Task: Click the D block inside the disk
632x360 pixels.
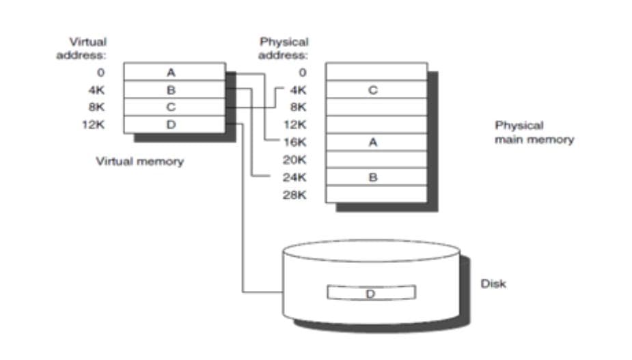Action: point(371,293)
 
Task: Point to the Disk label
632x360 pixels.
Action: point(493,283)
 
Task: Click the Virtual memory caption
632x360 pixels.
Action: point(139,162)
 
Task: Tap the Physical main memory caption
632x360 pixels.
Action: point(534,133)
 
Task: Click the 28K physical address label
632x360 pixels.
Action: point(296,195)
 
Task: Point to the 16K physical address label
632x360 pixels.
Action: point(296,142)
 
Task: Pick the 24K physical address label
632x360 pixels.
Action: point(296,178)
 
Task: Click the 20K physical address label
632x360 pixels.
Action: point(296,160)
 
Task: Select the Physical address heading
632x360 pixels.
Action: point(284,48)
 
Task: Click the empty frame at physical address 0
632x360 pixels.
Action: point(376,72)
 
